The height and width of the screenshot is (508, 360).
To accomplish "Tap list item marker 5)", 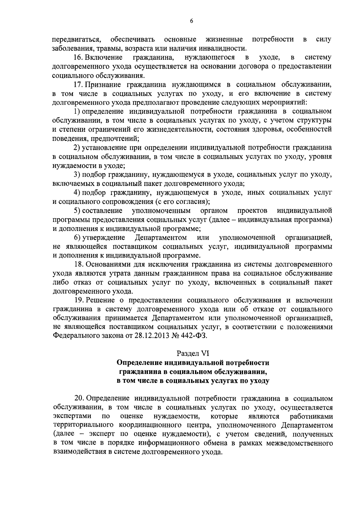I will pos(77,211).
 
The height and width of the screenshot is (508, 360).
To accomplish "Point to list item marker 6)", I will pos(77,238).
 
